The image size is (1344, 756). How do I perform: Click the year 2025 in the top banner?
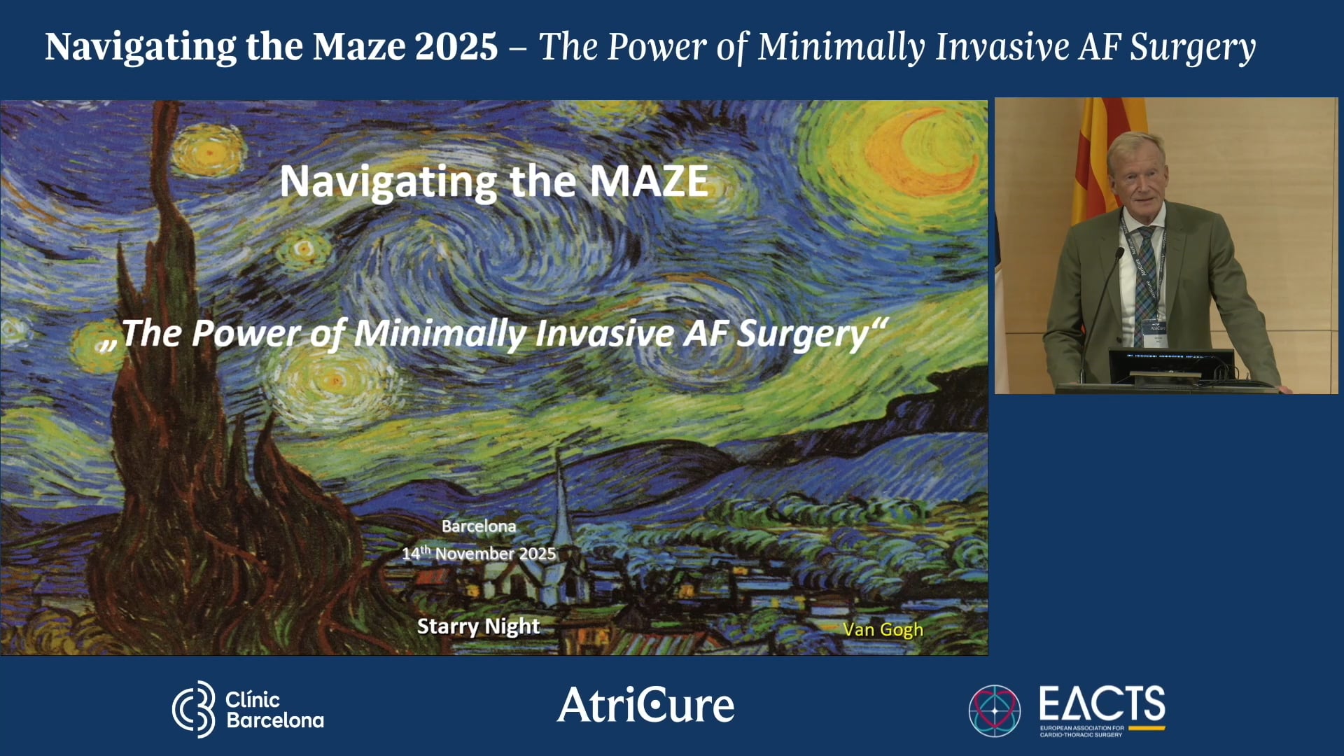[x=456, y=47]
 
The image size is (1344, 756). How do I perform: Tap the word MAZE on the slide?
[x=648, y=181]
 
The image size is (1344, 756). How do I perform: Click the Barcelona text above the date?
[x=479, y=526]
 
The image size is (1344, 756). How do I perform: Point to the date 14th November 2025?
[x=479, y=554]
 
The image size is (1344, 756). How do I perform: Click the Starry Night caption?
[x=478, y=626]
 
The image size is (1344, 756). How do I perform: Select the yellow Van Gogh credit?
[x=883, y=630]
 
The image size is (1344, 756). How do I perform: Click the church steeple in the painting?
[x=560, y=490]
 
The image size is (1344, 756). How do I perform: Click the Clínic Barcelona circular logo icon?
[x=194, y=709]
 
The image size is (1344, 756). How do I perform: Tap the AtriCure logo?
[x=645, y=705]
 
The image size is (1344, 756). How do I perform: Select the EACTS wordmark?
[x=1102, y=703]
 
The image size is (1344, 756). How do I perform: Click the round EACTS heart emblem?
[x=994, y=710]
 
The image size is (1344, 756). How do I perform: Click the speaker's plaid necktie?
[x=1146, y=280]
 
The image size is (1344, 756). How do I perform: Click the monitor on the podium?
[x=1170, y=365]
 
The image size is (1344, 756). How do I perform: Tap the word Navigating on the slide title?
[x=388, y=182]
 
